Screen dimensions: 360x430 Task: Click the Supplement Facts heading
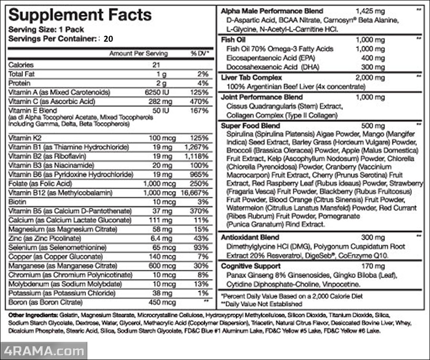80,15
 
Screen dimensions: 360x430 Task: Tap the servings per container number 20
108,39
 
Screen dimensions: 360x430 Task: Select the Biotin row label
17,201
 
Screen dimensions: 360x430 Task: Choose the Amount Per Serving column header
139,53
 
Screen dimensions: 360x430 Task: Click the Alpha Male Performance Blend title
272,11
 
